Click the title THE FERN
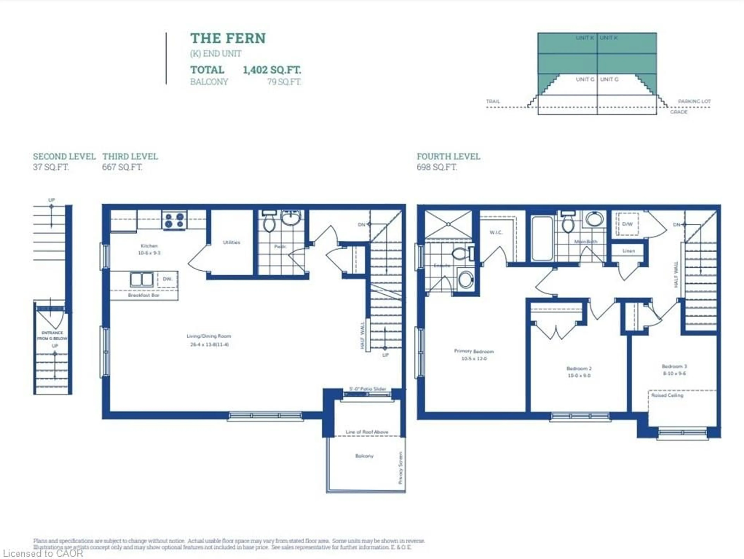tap(228, 38)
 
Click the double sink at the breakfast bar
tap(142, 279)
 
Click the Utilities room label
tap(231, 242)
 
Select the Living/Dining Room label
tap(209, 336)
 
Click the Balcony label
tap(364, 456)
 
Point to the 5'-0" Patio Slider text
tap(367, 389)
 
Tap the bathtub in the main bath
tap(542, 238)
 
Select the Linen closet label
tap(628, 251)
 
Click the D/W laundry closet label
tap(627, 224)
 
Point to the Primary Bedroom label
tap(474, 351)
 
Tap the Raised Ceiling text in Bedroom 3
tap(667, 395)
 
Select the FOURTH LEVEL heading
tap(448, 156)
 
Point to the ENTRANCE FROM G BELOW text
tap(52, 335)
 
